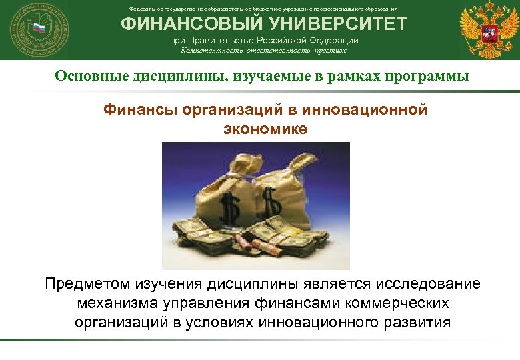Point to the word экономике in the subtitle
(265, 128)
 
